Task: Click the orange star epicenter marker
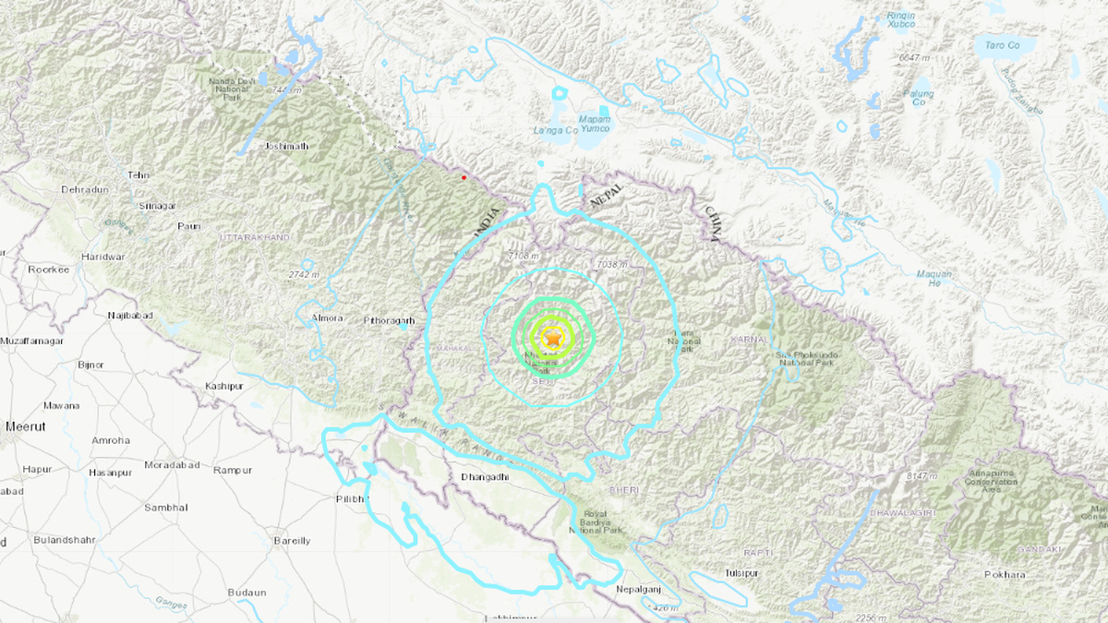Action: [x=552, y=340]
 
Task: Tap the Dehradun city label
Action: [x=85, y=189]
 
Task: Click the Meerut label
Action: [x=25, y=426]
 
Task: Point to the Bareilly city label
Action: [x=292, y=541]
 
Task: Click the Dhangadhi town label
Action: [x=485, y=477]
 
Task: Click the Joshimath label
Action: [x=285, y=146]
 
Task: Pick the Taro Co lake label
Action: [x=1002, y=44]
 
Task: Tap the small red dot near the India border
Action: [x=464, y=177]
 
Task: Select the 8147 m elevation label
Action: [x=921, y=475]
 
